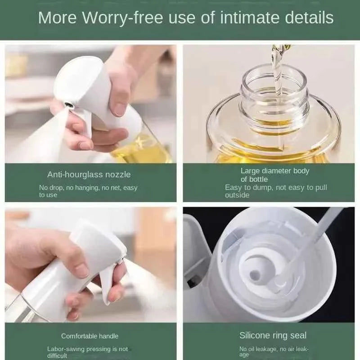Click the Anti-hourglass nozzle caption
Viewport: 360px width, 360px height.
(x=89, y=174)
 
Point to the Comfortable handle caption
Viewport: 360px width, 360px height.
(x=90, y=336)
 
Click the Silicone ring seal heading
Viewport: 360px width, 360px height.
(x=273, y=335)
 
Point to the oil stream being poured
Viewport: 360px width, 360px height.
(x=275, y=67)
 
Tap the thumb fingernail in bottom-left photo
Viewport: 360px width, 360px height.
(x=81, y=270)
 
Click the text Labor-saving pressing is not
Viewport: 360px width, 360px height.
(x=87, y=349)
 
